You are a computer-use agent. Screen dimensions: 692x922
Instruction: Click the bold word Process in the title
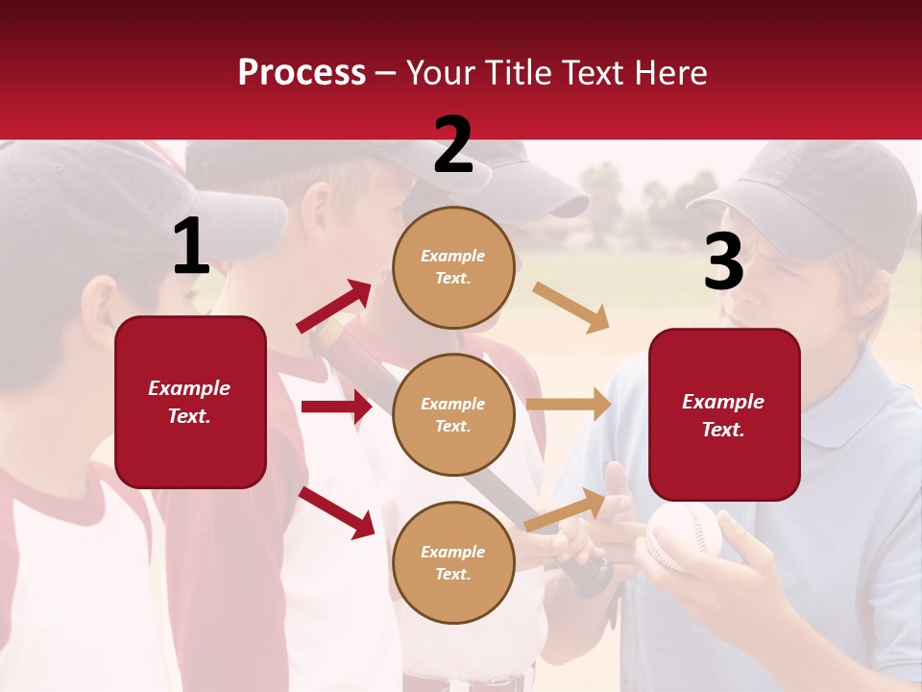click(302, 72)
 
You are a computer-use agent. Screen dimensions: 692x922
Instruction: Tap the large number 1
click(191, 247)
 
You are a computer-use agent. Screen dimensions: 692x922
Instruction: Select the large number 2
click(453, 145)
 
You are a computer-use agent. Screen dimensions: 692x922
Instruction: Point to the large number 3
click(724, 261)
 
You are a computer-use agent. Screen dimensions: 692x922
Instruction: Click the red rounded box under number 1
click(190, 402)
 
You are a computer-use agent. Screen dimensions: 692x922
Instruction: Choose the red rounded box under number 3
click(724, 415)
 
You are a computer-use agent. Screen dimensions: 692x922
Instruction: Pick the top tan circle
click(453, 267)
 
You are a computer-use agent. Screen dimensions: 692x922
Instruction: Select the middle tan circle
click(453, 414)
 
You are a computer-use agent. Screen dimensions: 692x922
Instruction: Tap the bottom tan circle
click(453, 562)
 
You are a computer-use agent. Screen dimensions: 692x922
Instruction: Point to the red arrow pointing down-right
click(336, 511)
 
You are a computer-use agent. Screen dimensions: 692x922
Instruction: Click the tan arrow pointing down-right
click(571, 307)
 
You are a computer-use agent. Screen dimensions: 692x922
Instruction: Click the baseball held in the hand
click(683, 536)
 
